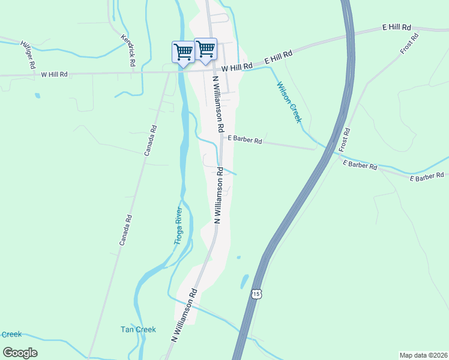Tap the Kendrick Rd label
click(128, 49)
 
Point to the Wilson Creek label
click(288, 102)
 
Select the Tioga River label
click(178, 225)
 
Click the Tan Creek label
click(138, 329)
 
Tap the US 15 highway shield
click(256, 294)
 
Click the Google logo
click(20, 352)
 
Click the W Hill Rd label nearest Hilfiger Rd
click(54, 74)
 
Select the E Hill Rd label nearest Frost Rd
click(397, 28)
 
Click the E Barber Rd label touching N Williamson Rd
click(244, 141)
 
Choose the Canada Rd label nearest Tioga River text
click(124, 230)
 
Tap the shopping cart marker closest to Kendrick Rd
click(183, 52)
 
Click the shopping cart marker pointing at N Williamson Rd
click(206, 50)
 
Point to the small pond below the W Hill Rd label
click(38, 95)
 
